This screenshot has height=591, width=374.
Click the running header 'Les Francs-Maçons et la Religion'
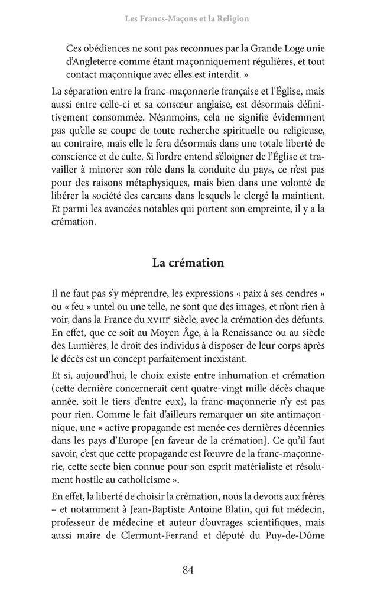click(187, 19)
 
